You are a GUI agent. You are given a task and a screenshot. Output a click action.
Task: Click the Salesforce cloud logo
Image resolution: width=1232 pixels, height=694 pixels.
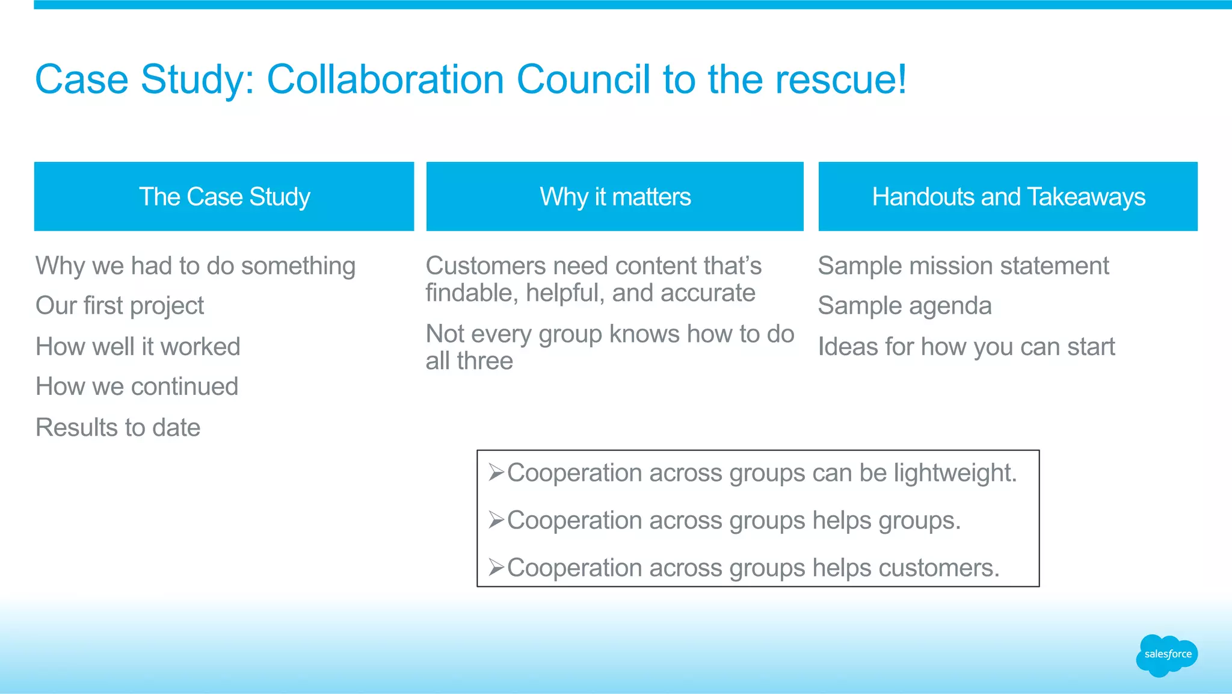[1167, 655]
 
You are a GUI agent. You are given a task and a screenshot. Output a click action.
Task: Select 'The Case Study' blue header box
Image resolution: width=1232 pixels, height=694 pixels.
[224, 196]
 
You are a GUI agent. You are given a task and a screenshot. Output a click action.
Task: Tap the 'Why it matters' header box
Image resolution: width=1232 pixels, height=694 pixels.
[615, 196]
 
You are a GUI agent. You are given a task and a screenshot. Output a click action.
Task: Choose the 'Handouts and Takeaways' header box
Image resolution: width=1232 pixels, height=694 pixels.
[1008, 196]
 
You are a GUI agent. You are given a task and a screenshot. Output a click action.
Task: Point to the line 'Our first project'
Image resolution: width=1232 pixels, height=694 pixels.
[120, 306]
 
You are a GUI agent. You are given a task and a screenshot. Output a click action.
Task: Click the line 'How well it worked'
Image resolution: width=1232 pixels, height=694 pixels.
[138, 347]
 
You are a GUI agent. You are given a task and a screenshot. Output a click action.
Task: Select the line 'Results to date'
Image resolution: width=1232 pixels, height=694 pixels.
[118, 427]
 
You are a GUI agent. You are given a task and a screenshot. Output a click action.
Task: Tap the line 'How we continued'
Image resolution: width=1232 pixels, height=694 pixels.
[137, 386]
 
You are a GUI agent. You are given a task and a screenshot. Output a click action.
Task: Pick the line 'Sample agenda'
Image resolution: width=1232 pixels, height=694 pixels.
[905, 306]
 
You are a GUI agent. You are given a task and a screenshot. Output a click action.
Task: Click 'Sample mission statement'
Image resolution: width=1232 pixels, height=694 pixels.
[964, 266]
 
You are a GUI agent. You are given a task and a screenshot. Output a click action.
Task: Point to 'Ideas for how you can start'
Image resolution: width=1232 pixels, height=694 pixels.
[966, 347]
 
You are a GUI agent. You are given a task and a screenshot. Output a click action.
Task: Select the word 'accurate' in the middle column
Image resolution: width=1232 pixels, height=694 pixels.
[707, 293]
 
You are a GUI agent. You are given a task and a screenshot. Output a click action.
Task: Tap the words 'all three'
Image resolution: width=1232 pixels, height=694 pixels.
[469, 361]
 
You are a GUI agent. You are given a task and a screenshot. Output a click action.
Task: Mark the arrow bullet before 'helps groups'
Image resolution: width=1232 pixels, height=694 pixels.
[496, 519]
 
